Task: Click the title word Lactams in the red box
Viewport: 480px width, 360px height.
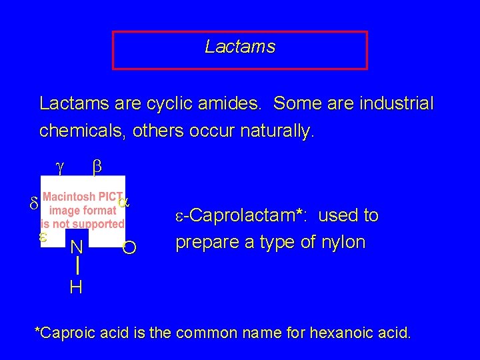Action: tap(240, 47)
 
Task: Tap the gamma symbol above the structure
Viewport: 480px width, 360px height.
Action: tap(59, 169)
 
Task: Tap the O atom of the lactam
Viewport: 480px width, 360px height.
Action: tap(130, 249)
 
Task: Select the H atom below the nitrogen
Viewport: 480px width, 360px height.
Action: tap(76, 287)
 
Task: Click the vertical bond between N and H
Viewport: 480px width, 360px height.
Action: tap(78, 267)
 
